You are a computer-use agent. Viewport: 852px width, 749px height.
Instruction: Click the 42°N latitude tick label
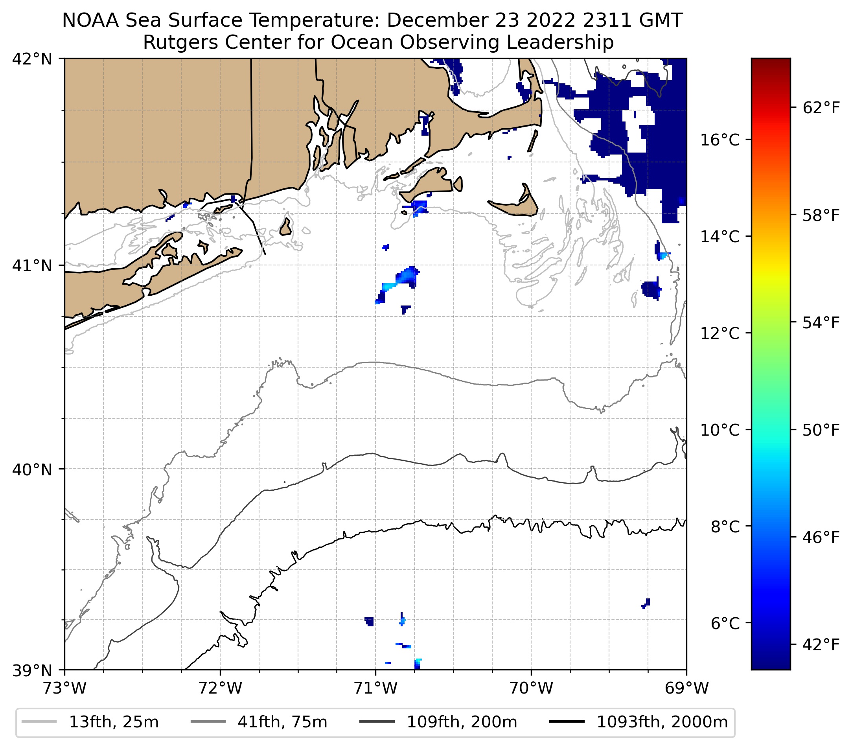pyautogui.click(x=32, y=59)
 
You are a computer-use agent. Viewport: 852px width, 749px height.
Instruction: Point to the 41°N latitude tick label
pyautogui.click(x=32, y=265)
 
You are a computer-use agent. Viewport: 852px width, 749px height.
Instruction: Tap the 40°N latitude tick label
pyautogui.click(x=32, y=469)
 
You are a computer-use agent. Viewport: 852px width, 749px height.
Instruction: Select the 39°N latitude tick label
pyautogui.click(x=32, y=670)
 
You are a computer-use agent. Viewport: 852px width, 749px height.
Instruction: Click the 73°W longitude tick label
pyautogui.click(x=64, y=688)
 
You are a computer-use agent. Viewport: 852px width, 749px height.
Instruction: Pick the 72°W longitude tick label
pyautogui.click(x=220, y=688)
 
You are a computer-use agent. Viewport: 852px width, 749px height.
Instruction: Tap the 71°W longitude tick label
pyautogui.click(x=375, y=688)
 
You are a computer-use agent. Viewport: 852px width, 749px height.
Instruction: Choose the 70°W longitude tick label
pyautogui.click(x=532, y=688)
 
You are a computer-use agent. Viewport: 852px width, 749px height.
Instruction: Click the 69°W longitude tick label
pyautogui.click(x=686, y=688)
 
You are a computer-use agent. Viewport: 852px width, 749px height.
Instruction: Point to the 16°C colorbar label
pyautogui.click(x=720, y=140)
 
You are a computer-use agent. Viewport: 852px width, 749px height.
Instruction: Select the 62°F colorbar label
pyautogui.click(x=821, y=108)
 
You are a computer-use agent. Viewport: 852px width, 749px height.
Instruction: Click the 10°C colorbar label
pyautogui.click(x=720, y=430)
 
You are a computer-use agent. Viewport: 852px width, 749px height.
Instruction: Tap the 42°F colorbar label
pyautogui.click(x=821, y=645)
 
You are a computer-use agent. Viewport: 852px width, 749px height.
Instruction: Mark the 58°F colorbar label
pyautogui.click(x=821, y=215)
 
